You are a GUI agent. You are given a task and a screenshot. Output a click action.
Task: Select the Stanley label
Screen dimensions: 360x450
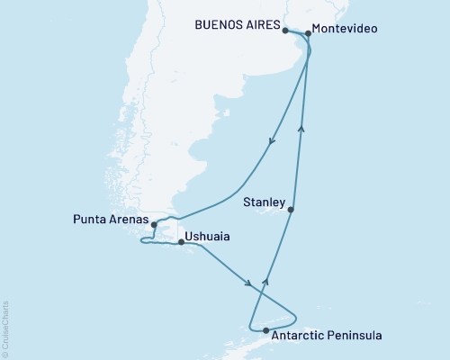(265, 203)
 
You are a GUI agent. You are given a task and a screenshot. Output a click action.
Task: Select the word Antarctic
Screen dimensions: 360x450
(300, 336)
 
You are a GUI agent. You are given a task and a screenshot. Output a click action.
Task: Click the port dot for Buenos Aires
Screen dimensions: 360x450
(285, 30)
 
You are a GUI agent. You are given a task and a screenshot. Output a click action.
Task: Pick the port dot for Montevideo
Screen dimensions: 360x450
(308, 33)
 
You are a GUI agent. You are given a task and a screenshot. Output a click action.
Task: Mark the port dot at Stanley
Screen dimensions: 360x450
(290, 209)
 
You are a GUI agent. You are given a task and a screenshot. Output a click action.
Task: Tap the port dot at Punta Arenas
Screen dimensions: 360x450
(154, 224)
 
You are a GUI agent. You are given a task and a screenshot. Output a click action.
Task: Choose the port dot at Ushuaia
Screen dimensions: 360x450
(182, 242)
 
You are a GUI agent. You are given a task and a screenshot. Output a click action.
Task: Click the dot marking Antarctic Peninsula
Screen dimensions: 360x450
(265, 330)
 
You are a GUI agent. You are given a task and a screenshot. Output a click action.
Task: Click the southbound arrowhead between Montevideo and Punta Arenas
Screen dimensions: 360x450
(272, 140)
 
